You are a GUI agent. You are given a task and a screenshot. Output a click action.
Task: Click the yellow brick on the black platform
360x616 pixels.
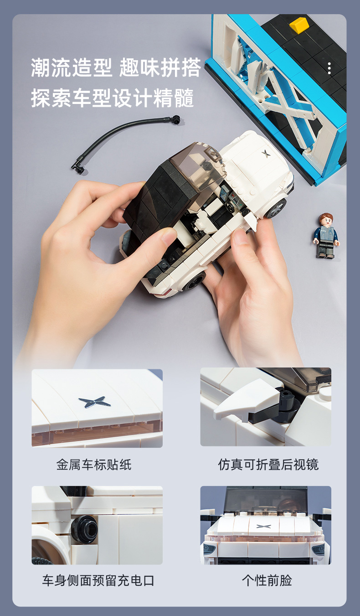[x=299, y=25]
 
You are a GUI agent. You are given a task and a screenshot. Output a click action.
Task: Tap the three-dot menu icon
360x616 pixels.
[x=329, y=68]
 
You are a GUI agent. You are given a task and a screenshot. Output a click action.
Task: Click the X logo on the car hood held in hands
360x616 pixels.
[x=266, y=153]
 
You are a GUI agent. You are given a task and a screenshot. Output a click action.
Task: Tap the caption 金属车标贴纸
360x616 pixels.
[x=94, y=465]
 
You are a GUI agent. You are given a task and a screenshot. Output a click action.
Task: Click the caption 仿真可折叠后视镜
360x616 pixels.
[x=268, y=465]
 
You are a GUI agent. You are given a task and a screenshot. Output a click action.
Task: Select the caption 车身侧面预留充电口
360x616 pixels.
[x=98, y=580]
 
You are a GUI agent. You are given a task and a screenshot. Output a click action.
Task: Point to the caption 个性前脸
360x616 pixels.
[x=267, y=580]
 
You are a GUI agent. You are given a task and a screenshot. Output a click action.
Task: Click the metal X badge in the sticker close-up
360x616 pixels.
[x=94, y=402]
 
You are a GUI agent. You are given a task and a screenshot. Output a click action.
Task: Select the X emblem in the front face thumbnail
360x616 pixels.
[x=263, y=526]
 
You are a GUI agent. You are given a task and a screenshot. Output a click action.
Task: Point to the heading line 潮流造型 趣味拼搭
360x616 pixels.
[x=116, y=67]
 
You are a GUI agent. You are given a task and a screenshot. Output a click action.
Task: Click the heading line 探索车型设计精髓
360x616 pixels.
[x=113, y=98]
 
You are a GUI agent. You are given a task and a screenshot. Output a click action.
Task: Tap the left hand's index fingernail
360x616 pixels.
[x=168, y=237]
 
